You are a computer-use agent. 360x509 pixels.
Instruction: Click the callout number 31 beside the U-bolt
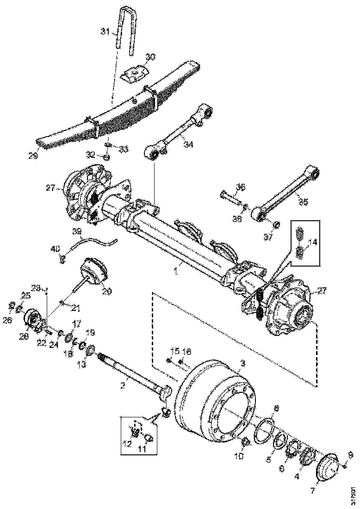coord(105,31)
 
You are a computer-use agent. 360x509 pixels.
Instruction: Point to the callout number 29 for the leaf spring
coord(45,156)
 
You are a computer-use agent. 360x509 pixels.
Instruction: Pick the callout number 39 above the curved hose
coord(76,231)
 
